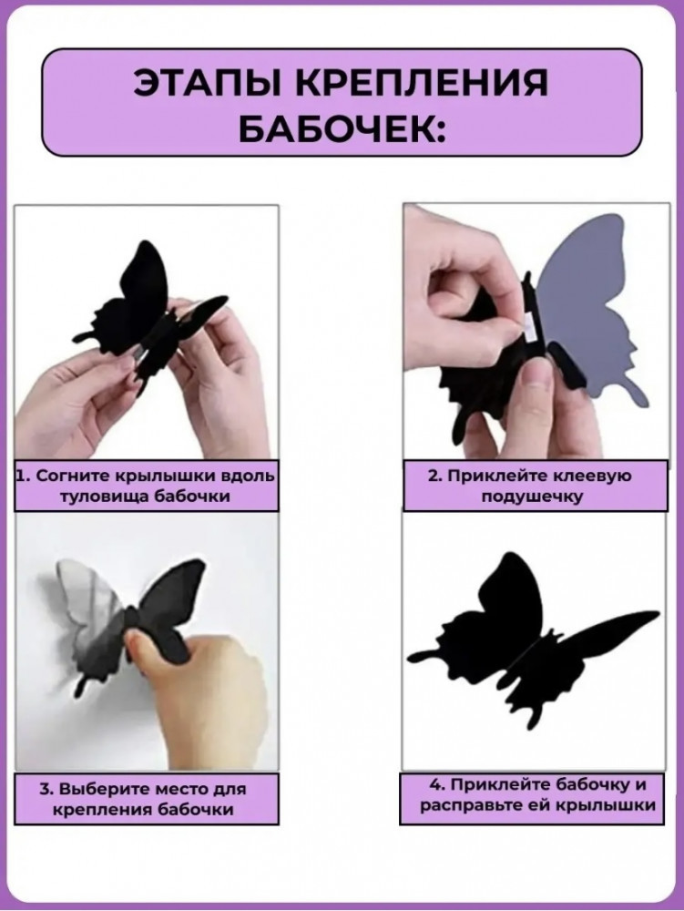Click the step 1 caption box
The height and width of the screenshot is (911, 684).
point(147,486)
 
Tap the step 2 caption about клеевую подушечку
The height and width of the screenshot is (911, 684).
point(536,486)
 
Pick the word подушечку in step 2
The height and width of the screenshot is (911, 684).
point(532,497)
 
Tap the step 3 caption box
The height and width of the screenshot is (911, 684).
point(147,799)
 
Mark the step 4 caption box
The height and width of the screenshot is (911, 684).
point(532,798)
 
